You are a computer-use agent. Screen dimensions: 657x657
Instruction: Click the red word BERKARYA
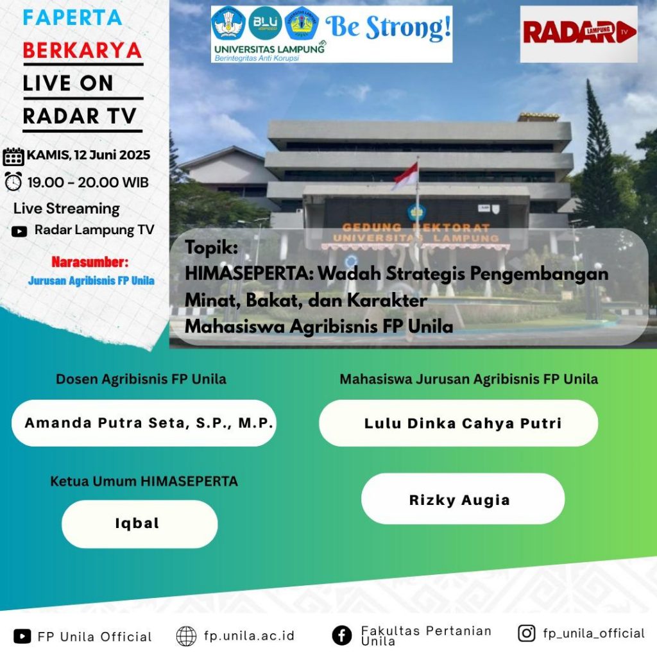(82, 51)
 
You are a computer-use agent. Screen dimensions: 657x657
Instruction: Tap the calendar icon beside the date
(13, 157)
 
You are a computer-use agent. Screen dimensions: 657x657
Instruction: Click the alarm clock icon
(13, 182)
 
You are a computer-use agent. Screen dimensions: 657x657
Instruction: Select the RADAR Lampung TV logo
(579, 34)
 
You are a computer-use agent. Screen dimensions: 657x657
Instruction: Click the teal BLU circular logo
(265, 23)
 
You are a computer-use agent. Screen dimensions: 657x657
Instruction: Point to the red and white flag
(405, 176)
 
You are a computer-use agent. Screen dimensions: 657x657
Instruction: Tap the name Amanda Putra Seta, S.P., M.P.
(149, 423)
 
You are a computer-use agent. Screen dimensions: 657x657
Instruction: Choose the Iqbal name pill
(139, 524)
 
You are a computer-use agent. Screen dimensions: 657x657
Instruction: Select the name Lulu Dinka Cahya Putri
(463, 423)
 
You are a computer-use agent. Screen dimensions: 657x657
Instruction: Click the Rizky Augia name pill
(463, 499)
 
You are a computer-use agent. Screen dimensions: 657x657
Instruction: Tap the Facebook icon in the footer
(342, 635)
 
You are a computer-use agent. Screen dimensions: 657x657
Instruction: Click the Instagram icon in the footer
(527, 633)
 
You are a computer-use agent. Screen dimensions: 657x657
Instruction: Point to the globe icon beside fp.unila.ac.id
(186, 636)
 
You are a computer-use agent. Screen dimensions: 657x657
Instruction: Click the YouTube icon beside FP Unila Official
(22, 636)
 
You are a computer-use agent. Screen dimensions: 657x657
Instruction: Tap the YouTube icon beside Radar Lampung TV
(19, 231)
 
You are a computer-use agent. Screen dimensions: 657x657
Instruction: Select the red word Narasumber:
(90, 262)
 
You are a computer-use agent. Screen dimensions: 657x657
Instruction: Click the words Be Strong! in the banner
(388, 27)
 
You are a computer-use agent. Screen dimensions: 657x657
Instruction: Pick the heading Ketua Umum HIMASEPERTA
(144, 481)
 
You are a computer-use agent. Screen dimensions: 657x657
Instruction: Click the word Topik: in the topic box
(211, 247)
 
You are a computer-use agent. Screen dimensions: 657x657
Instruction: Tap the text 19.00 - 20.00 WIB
(88, 182)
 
